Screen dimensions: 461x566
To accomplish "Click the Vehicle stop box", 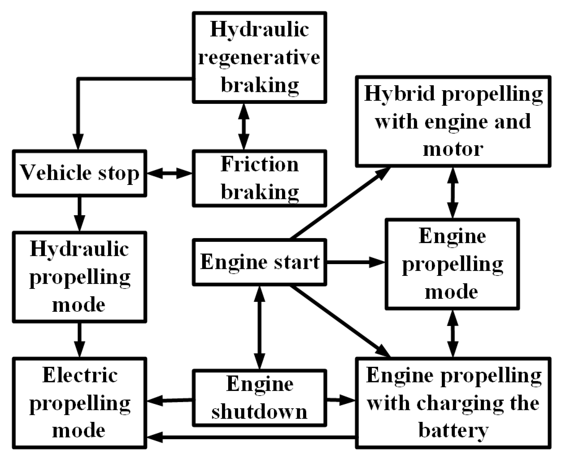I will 80,173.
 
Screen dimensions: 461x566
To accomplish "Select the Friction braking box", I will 259,178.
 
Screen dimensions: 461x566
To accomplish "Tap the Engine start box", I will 259,262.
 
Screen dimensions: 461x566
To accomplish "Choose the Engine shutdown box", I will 259,398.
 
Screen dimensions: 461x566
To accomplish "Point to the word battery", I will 453,430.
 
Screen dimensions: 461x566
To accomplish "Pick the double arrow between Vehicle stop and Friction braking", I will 170,173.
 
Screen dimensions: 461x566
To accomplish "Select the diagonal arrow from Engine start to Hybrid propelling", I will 340,203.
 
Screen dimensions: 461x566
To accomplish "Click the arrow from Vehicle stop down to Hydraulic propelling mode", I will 80,214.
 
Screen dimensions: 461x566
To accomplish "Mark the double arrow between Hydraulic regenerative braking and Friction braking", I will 244,126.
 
